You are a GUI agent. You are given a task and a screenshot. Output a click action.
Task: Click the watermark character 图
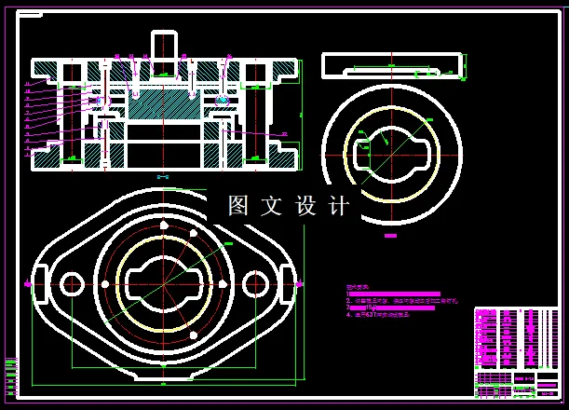tap(239, 205)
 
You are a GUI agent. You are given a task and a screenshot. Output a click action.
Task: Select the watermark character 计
tap(340, 205)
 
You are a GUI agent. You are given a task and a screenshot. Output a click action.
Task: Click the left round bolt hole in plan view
tap(72, 283)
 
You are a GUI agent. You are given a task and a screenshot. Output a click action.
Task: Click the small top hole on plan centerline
tap(162, 225)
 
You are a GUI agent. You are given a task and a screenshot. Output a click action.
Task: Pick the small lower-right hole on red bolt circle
tap(193, 334)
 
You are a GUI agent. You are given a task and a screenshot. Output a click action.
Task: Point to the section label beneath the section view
tap(162, 177)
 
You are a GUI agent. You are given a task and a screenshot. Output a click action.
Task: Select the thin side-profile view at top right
tap(392, 65)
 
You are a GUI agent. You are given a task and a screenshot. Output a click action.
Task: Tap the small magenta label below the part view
tap(390, 236)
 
